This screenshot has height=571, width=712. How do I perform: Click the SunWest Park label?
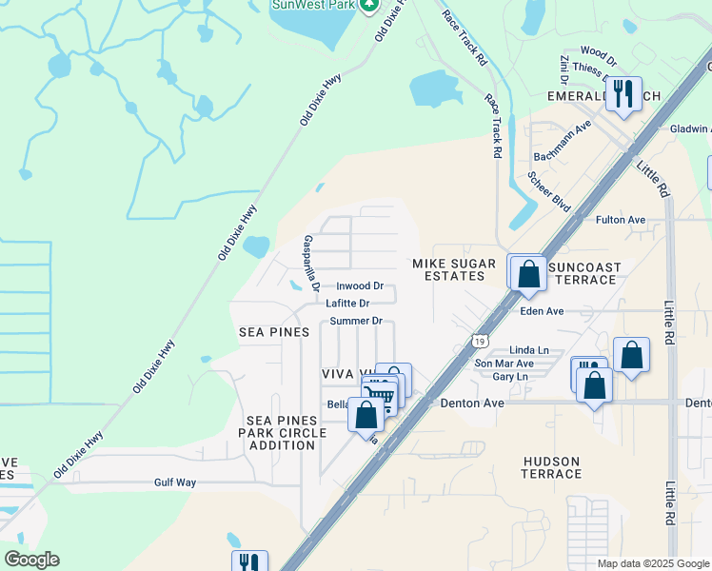[x=313, y=5]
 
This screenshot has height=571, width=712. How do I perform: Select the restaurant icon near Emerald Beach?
[x=623, y=93]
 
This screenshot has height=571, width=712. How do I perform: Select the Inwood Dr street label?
[x=359, y=286]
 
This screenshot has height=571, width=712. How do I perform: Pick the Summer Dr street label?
[x=355, y=322]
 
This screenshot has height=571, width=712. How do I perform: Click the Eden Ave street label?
[x=543, y=311]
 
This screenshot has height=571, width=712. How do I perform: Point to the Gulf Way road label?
[x=175, y=482]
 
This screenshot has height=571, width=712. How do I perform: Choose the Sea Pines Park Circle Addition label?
[x=286, y=433]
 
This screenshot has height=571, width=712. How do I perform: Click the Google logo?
[x=31, y=560]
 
